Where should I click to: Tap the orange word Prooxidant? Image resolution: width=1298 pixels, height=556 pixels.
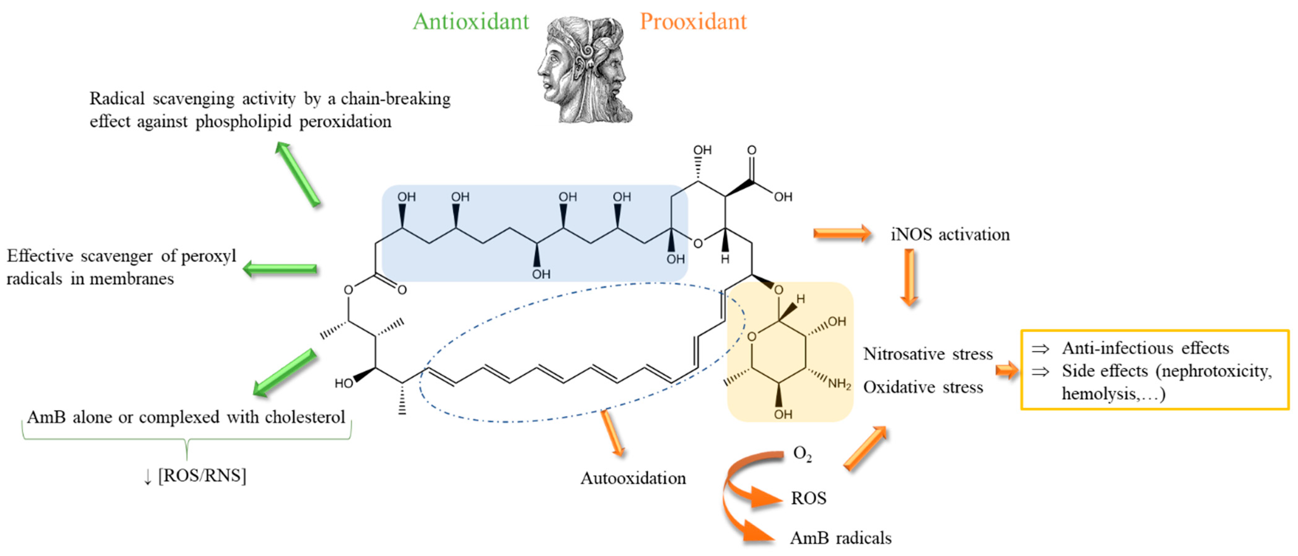point(693,22)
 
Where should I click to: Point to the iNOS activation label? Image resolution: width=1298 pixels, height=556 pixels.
point(950,234)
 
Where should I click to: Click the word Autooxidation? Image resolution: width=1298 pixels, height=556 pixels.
point(633,478)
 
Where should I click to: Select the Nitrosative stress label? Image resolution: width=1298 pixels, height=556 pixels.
point(927,354)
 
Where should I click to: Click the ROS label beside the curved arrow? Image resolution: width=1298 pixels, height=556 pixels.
point(808,498)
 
